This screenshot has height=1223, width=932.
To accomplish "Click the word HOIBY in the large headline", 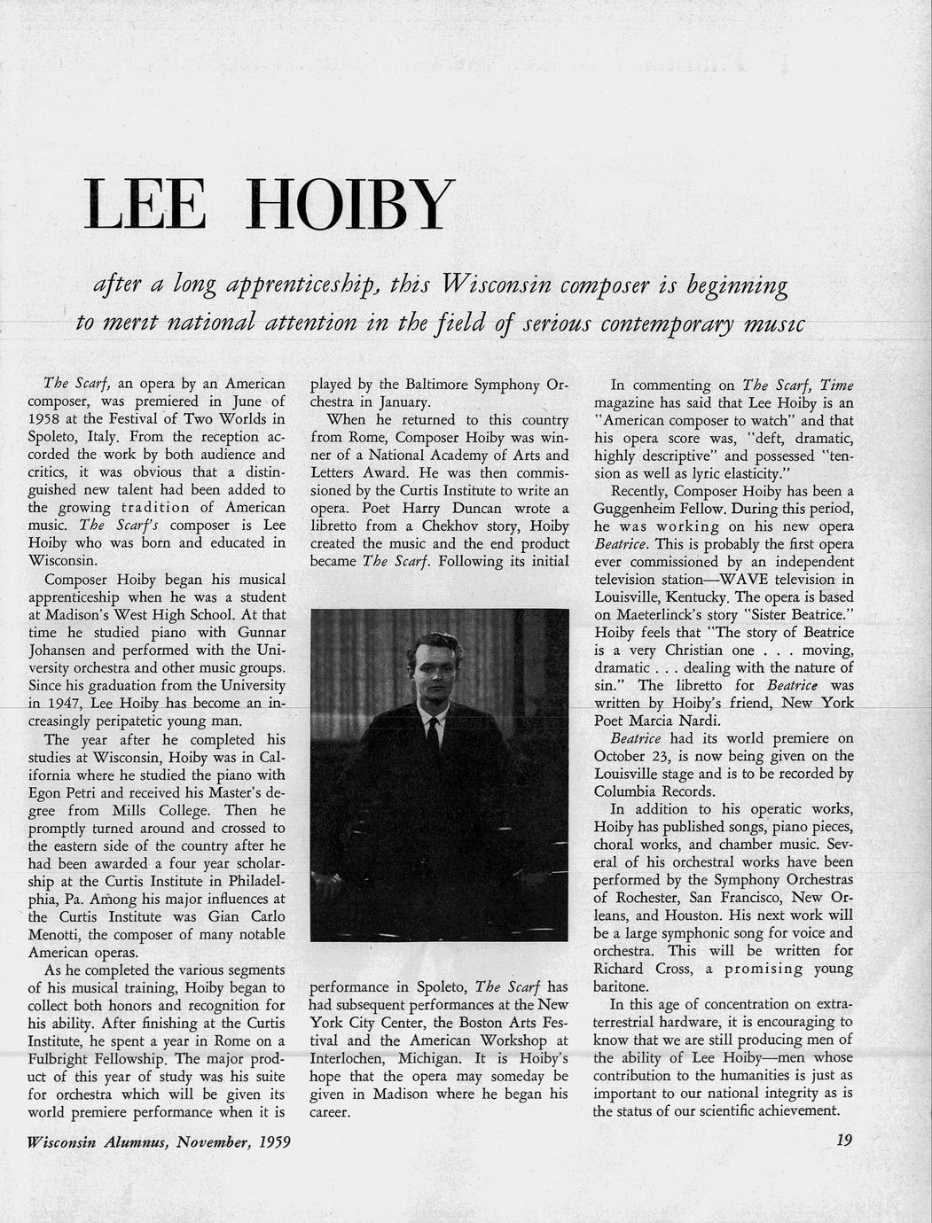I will pos(356,206).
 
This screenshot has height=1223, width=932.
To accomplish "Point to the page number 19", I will pos(843,1141).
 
